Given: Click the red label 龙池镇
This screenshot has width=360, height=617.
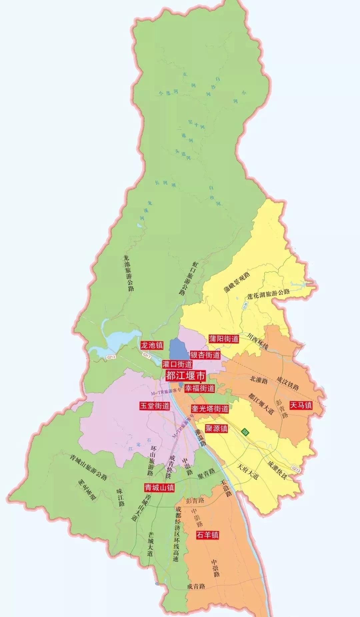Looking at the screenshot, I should [152, 345].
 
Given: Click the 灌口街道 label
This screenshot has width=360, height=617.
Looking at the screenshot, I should [177, 364].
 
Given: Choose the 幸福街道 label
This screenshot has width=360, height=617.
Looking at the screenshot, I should [200, 388].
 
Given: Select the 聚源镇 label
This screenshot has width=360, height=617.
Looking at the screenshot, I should [216, 428].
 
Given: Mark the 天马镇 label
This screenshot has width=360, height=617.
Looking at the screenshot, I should [301, 405].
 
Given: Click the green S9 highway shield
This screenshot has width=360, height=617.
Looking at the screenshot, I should [245, 432].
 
